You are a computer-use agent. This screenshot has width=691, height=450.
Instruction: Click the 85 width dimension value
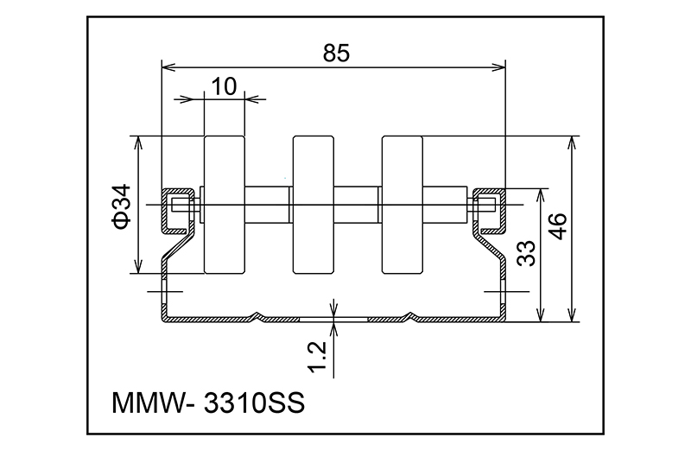(335, 53)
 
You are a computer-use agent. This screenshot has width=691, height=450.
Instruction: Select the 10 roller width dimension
(224, 86)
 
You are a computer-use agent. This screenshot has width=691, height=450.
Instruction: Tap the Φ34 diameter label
(121, 206)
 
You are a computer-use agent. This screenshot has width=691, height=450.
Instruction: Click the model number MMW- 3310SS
(209, 403)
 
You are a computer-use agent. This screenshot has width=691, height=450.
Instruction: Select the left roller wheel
(224, 204)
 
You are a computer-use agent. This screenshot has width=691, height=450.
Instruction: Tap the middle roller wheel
(313, 204)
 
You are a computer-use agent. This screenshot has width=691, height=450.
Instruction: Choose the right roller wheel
(403, 204)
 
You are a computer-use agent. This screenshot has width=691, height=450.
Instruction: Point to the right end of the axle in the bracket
(485, 205)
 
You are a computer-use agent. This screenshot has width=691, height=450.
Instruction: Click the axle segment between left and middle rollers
(268, 205)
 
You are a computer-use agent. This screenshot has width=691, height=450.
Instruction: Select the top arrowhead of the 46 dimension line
(571, 141)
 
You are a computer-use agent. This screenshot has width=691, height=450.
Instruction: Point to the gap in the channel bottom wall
(335, 319)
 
